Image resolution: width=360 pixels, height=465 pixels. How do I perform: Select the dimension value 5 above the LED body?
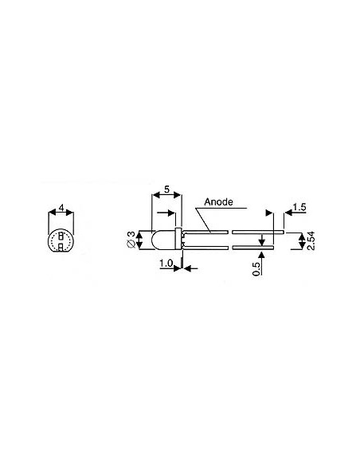coord(166,191)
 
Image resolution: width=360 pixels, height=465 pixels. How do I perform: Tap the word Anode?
coord(218,201)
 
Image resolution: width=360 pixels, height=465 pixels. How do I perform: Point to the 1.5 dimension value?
coord(299,208)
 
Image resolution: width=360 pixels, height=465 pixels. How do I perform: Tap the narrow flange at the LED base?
coord(182,239)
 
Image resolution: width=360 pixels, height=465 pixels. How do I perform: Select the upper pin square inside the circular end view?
coord(61,236)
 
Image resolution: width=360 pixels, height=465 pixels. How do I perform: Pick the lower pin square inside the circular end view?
coord(61,246)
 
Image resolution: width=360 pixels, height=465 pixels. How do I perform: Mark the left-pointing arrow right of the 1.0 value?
coord(189,269)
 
